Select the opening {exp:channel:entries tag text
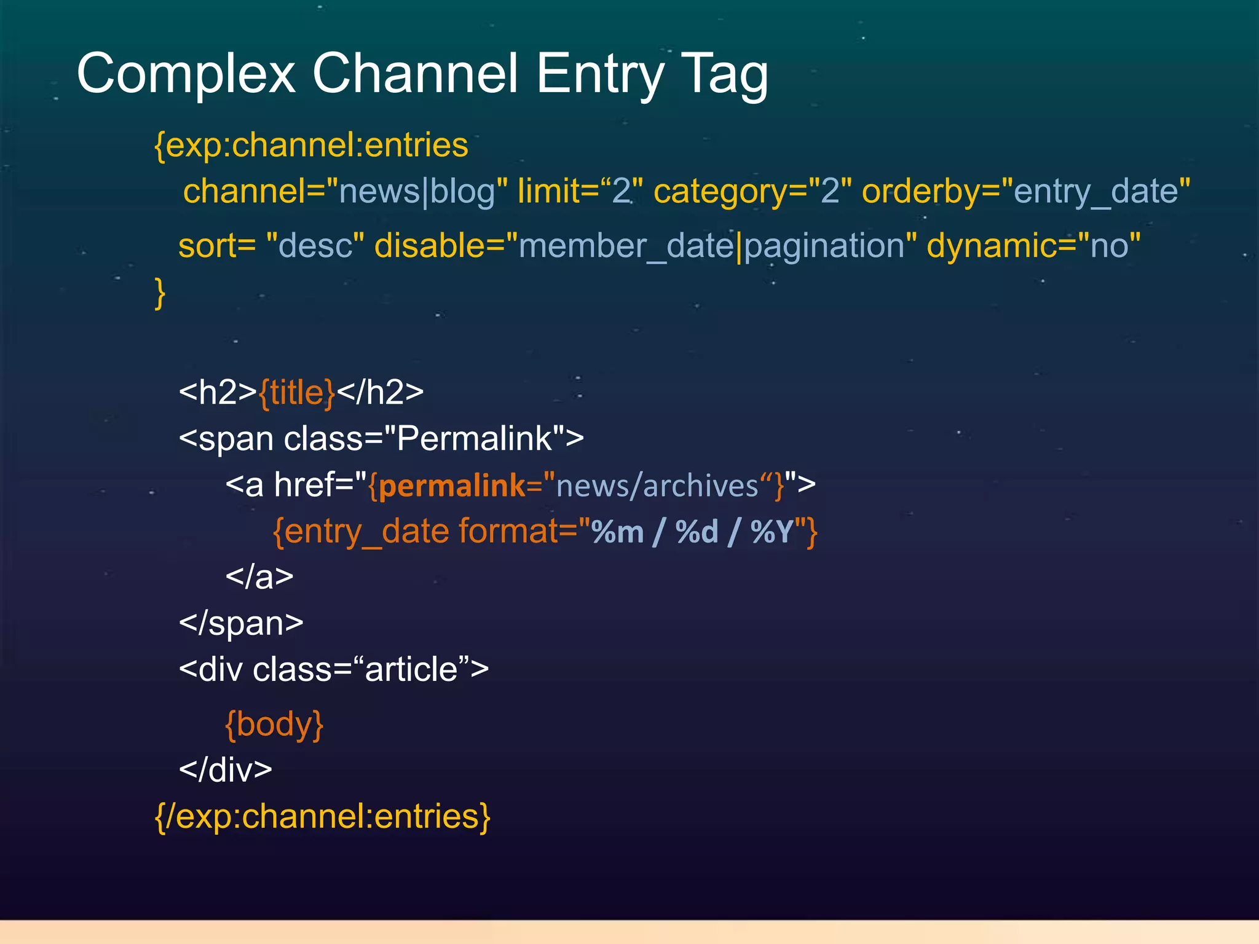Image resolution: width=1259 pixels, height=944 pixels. [x=311, y=145]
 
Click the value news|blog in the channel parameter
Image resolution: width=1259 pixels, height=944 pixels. [x=417, y=191]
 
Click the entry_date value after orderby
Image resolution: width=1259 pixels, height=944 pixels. [x=1095, y=191]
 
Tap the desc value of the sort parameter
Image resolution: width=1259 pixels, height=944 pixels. [x=315, y=245]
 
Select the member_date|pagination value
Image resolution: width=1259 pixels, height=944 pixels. [x=711, y=245]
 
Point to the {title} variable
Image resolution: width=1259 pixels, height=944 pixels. [x=297, y=392]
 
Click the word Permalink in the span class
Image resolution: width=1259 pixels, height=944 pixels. [x=474, y=438]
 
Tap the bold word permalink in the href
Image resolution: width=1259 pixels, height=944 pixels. [x=451, y=486]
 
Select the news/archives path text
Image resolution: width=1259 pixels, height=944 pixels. [x=657, y=486]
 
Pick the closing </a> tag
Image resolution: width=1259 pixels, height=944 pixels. [x=259, y=576]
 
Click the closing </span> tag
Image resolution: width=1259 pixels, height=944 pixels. [x=241, y=623]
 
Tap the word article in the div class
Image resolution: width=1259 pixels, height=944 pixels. [x=411, y=669]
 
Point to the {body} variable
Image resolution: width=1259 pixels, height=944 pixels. [x=274, y=723]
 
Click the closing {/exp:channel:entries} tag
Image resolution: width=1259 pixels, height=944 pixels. [x=323, y=816]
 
